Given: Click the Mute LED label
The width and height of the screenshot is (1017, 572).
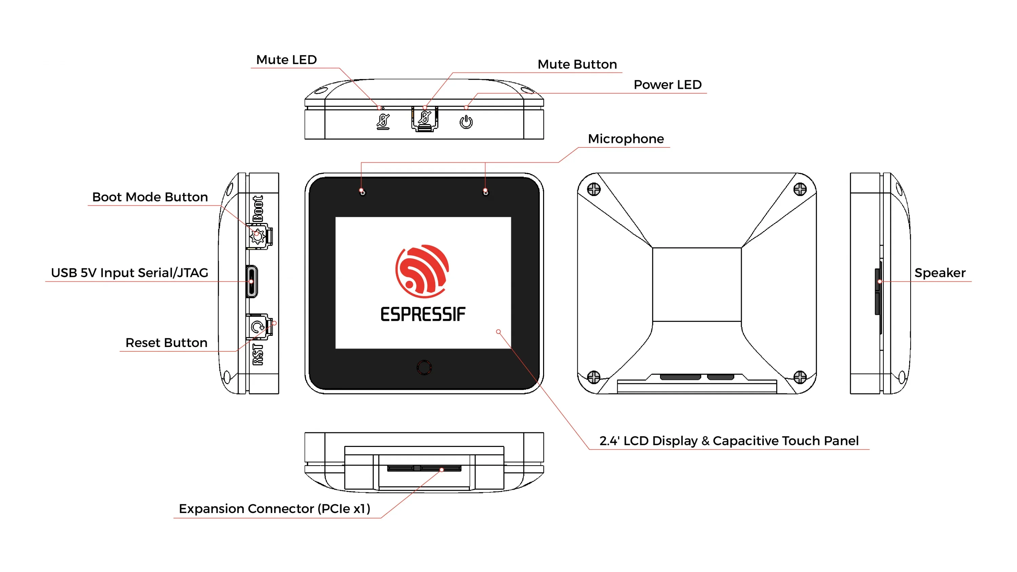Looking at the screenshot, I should point(286,60).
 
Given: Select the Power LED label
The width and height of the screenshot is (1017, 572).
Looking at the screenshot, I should point(667,85).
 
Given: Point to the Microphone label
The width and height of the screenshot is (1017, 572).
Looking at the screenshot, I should point(626,139).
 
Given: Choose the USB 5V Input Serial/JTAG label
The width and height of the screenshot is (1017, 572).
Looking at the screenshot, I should point(129,273).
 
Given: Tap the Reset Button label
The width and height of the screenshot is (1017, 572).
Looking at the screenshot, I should point(166,343).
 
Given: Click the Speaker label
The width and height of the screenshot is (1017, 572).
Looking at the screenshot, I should point(940,273).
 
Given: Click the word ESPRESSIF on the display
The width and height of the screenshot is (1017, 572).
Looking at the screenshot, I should point(423,314).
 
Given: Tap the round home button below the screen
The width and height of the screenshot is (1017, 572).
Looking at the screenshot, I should point(424,368).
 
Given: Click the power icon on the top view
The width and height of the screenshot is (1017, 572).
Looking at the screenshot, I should point(466,122).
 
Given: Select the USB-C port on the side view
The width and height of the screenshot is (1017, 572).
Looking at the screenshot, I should point(252,282).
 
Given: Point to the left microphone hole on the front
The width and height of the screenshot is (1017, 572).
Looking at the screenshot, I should point(362,192).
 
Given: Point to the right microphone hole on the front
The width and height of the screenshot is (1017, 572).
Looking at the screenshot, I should point(485,192).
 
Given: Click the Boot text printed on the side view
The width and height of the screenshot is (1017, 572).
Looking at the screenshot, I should point(258,208).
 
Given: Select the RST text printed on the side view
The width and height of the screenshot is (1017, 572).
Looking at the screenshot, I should point(258,354).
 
